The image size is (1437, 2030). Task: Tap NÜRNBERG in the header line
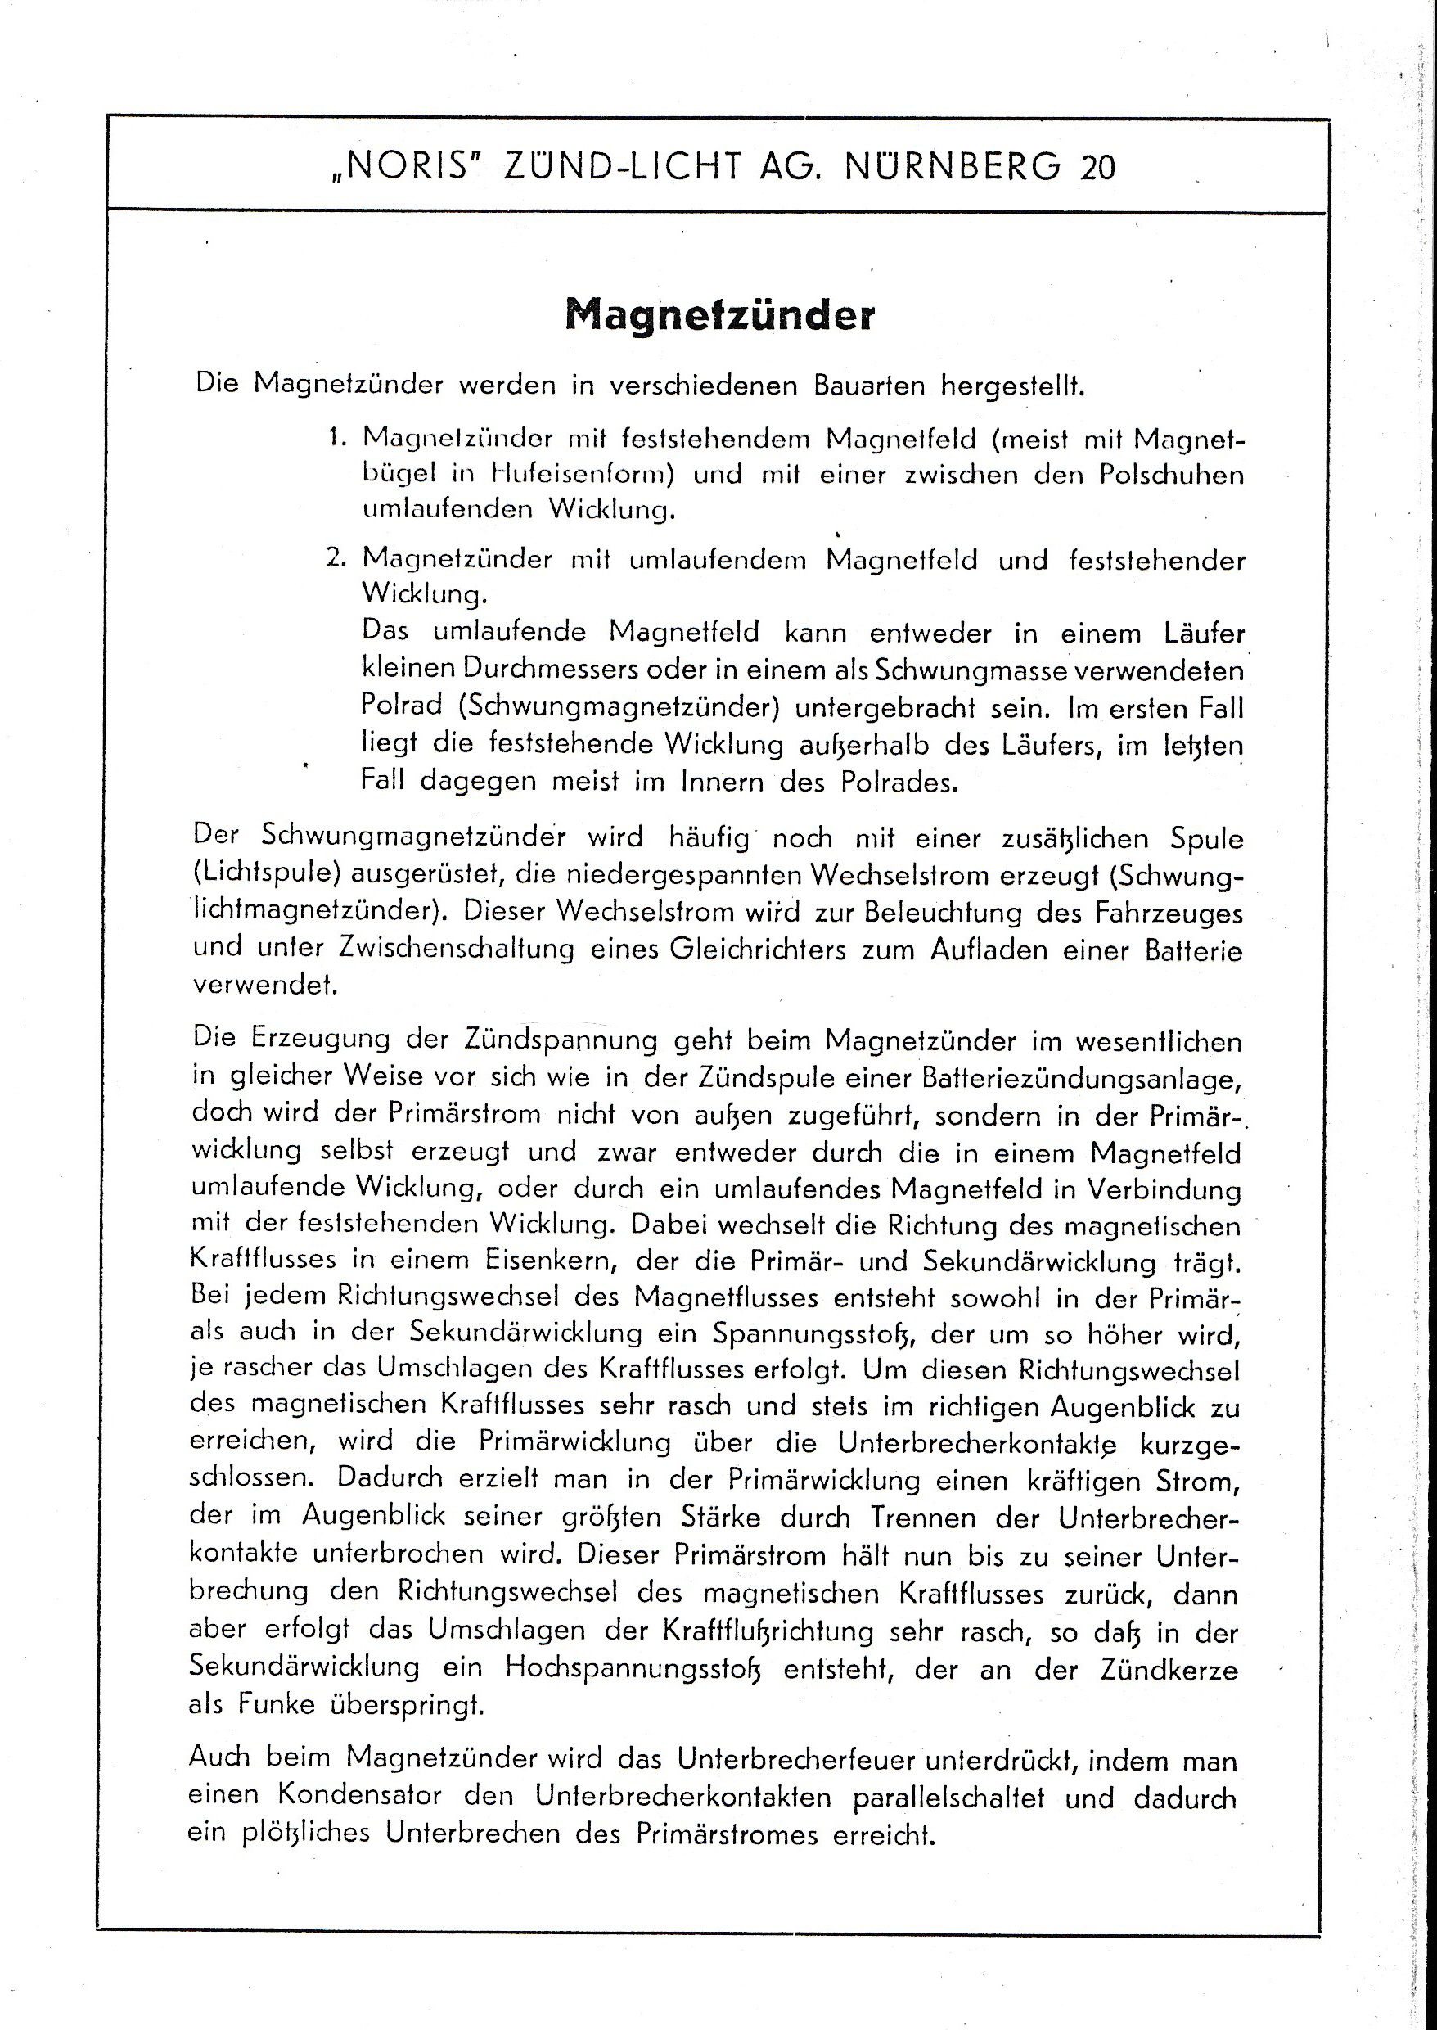click(952, 165)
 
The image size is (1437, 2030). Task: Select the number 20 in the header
click(1097, 166)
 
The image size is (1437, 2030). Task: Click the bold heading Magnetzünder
click(719, 316)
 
